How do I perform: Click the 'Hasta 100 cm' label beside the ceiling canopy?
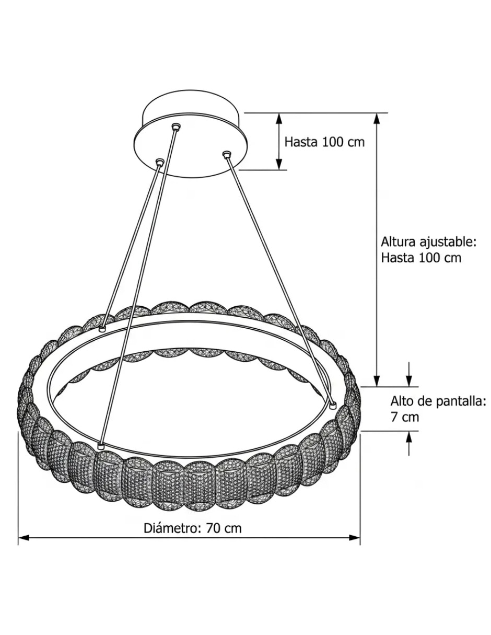point(324,142)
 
